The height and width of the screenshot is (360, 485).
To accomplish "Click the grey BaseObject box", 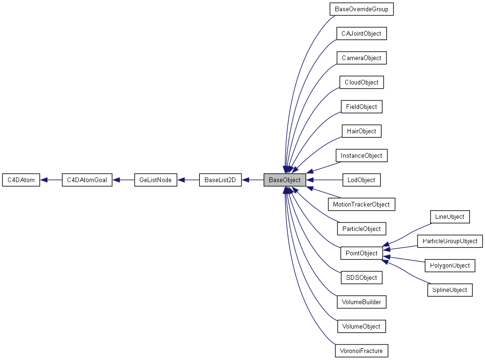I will (285, 180).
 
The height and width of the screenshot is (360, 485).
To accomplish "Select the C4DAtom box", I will (21, 180).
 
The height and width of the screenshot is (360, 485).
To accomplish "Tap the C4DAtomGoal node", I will (87, 180).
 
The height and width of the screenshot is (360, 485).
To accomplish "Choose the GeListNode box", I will (155, 180).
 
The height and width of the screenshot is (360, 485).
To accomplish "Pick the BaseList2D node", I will (220, 180).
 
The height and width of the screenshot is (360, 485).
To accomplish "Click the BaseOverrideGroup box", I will (361, 9).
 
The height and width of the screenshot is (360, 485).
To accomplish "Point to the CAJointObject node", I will (361, 33).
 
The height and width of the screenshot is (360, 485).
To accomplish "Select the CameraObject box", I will (361, 58).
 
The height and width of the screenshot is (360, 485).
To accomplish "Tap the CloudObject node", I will (361, 82).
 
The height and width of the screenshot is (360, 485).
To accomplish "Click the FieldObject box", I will (361, 107).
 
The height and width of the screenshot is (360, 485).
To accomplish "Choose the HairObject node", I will (361, 131).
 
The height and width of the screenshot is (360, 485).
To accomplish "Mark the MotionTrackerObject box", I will (361, 204).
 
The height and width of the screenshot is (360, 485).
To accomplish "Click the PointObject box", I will (361, 253).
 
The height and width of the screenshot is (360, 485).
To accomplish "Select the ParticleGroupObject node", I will (449, 241).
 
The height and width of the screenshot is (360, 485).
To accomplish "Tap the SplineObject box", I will (449, 290).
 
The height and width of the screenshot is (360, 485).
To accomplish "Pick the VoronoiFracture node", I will (361, 351).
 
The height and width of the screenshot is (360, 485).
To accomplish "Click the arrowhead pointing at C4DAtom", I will (44, 180).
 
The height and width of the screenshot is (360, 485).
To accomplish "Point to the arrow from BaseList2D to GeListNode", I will (188, 180).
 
